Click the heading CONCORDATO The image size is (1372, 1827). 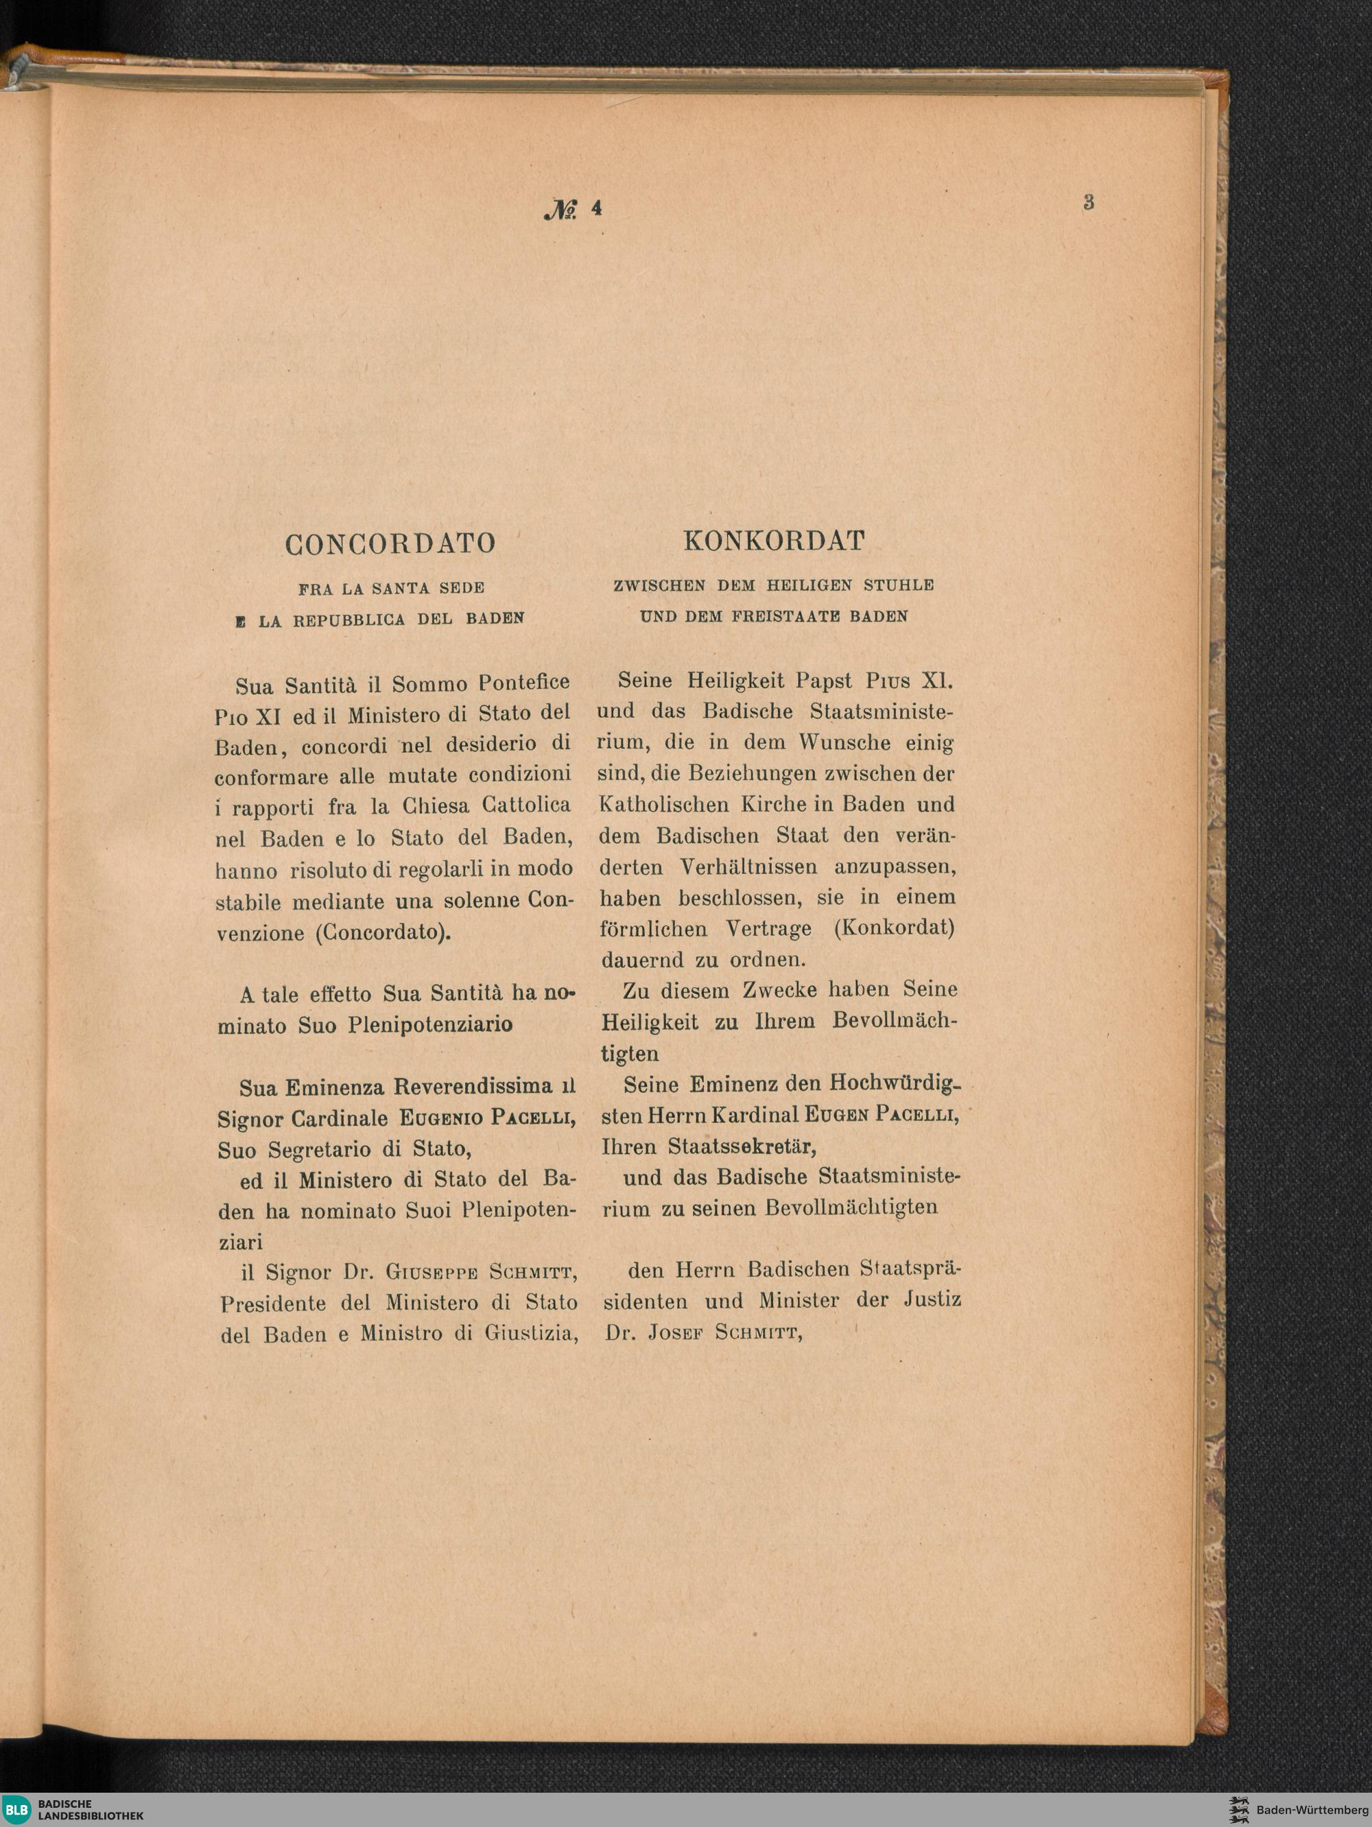(x=390, y=543)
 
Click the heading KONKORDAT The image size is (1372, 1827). (x=774, y=541)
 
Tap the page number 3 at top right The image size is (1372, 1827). (x=1089, y=202)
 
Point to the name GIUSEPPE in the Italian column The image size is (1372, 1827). (x=432, y=1273)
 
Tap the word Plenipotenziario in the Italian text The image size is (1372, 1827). (x=429, y=1025)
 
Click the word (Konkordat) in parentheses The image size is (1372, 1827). (x=894, y=928)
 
